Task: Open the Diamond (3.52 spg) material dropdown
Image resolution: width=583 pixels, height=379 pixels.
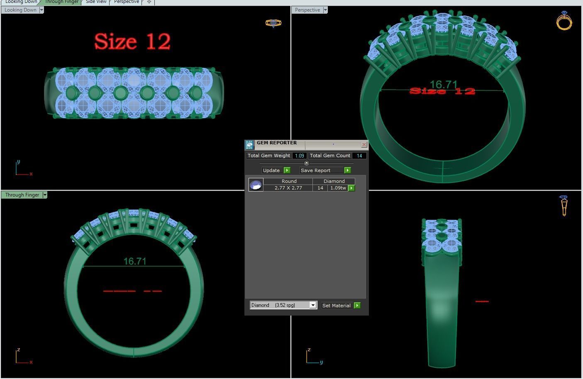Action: (313, 305)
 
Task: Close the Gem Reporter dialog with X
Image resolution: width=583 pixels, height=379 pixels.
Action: (364, 145)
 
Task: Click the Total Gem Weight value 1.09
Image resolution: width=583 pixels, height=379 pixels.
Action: (299, 156)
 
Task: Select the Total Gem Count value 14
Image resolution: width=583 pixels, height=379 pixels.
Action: (359, 156)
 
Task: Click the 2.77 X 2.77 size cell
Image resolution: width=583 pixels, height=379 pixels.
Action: (288, 188)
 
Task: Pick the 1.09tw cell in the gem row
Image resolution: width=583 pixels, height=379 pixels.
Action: (338, 188)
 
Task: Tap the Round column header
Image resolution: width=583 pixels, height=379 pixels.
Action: (289, 181)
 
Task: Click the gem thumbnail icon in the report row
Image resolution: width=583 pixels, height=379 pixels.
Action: (256, 185)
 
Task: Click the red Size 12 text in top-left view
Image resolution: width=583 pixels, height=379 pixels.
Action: (132, 41)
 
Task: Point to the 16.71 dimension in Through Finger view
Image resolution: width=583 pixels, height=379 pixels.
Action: (135, 261)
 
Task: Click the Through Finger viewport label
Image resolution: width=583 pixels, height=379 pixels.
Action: (22, 195)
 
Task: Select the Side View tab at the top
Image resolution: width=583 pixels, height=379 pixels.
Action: (96, 2)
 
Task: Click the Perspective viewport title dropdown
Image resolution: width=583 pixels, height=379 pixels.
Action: (325, 10)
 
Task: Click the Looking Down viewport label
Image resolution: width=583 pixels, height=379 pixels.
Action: (20, 10)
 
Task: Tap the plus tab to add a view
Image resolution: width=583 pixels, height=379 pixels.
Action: (149, 2)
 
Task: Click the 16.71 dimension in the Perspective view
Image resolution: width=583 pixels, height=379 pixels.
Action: (443, 84)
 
